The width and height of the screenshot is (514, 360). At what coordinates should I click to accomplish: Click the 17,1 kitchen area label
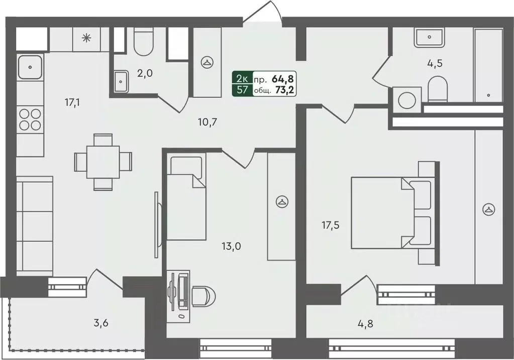click(x=72, y=103)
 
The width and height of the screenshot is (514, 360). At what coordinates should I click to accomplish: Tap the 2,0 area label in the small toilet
click(x=145, y=73)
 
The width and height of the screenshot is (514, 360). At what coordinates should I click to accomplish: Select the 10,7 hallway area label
click(x=208, y=123)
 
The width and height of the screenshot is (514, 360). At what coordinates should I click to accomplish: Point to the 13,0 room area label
click(x=231, y=246)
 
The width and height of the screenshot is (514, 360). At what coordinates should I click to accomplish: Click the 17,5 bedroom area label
click(x=330, y=225)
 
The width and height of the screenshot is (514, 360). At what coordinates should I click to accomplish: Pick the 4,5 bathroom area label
click(x=435, y=63)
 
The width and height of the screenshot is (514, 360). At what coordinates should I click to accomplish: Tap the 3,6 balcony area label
click(x=100, y=323)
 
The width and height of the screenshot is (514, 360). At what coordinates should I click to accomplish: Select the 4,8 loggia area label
click(x=365, y=324)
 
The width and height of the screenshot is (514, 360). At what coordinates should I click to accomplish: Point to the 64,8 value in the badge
click(x=282, y=79)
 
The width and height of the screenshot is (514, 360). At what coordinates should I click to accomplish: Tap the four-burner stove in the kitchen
click(x=30, y=119)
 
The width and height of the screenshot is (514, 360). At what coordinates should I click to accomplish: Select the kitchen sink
click(x=30, y=67)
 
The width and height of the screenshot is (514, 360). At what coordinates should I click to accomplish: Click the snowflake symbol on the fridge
click(x=86, y=39)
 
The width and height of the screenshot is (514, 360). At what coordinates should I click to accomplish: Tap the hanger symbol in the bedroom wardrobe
click(x=489, y=209)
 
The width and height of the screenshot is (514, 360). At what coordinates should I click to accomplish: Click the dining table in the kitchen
click(x=103, y=162)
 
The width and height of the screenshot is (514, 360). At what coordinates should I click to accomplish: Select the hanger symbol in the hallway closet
click(x=207, y=62)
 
